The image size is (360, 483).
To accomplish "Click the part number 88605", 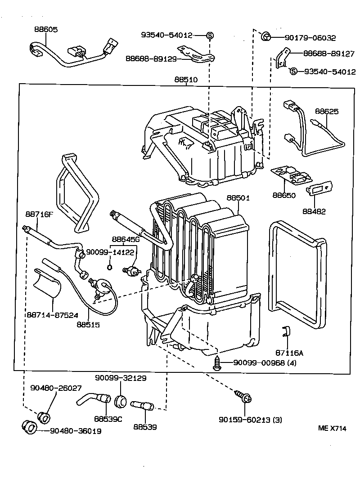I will (x=46, y=29).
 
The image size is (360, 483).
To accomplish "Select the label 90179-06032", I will (x=310, y=38).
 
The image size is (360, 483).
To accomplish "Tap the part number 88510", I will (x=186, y=80).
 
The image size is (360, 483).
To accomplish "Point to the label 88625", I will (x=327, y=112).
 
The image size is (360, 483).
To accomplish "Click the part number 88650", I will (x=283, y=195).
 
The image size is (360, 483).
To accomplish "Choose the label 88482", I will (x=314, y=211).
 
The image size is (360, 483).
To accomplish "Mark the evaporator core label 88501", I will (x=238, y=198).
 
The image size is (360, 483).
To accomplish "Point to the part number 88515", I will (x=88, y=324).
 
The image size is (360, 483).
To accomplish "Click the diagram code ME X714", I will (x=333, y=429).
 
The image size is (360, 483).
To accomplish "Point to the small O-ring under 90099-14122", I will (x=109, y=268).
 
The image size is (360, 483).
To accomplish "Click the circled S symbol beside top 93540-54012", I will (x=210, y=35).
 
